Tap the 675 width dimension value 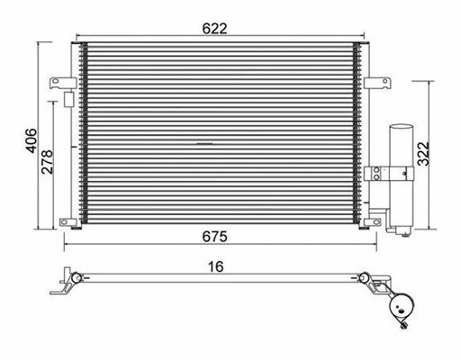pyautogui.click(x=214, y=237)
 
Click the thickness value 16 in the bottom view pyautogui.click(x=214, y=266)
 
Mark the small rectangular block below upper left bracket pyautogui.click(x=67, y=96)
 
